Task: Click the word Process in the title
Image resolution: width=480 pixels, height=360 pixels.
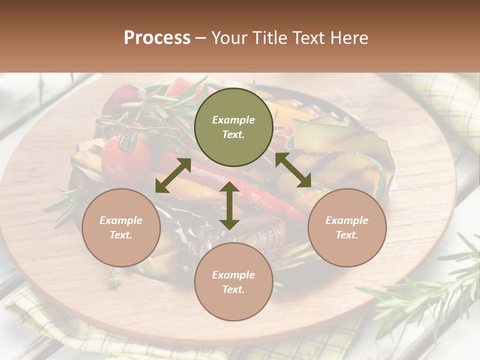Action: pyautogui.click(x=157, y=38)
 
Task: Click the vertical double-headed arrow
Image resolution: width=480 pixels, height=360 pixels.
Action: pyautogui.click(x=229, y=205)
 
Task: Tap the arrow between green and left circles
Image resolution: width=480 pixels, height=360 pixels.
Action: pyautogui.click(x=173, y=175)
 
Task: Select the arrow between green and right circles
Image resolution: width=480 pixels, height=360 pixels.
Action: pyautogui.click(x=293, y=170)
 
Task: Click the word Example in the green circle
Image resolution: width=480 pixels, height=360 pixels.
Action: pyautogui.click(x=233, y=120)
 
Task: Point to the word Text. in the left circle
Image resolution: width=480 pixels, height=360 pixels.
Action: pyautogui.click(x=121, y=235)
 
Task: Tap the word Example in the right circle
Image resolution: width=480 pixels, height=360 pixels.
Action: pyautogui.click(x=346, y=220)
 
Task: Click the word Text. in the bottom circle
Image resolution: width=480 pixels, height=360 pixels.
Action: pyautogui.click(x=233, y=289)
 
